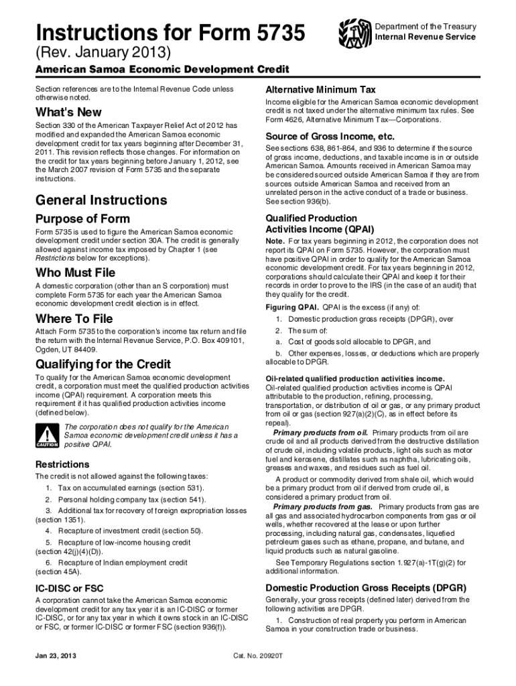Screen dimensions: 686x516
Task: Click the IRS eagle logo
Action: [x=354, y=31]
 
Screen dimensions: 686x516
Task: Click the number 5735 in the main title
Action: [x=275, y=31]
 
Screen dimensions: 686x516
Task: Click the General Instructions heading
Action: [x=101, y=200]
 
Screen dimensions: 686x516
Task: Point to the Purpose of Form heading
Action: [x=82, y=219]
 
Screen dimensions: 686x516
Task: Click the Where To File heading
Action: [x=74, y=318]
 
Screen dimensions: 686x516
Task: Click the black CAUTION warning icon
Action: [x=48, y=435]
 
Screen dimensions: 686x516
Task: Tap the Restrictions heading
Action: [x=62, y=464]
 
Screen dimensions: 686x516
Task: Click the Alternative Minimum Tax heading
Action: [x=320, y=90]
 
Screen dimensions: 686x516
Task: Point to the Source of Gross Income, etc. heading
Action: [x=330, y=136]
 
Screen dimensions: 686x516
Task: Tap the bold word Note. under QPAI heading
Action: [x=275, y=241]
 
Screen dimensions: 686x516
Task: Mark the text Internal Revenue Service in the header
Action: [x=426, y=37]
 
